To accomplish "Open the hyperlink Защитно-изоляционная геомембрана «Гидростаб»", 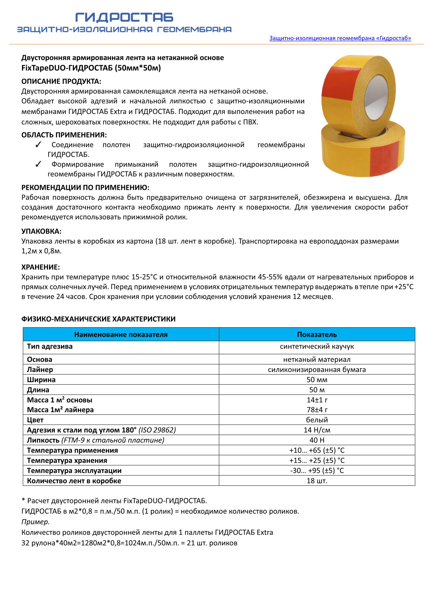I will (340, 38).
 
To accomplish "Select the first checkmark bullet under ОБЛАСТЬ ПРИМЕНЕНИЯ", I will (38, 145).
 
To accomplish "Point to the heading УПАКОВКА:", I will (41, 231).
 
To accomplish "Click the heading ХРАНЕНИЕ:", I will (41, 267).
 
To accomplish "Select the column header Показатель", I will (317, 335).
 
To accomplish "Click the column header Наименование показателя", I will (121, 335).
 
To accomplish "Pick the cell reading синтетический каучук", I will (317, 346).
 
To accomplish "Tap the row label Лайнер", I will (40, 369).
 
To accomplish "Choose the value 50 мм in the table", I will (317, 380).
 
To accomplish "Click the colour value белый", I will (317, 420).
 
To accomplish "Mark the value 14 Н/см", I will (317, 430).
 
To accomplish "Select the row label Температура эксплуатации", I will (74, 471).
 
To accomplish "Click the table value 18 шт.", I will (317, 481).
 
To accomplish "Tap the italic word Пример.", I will (35, 522).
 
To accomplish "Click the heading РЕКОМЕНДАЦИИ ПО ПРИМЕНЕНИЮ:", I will (85, 187).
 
